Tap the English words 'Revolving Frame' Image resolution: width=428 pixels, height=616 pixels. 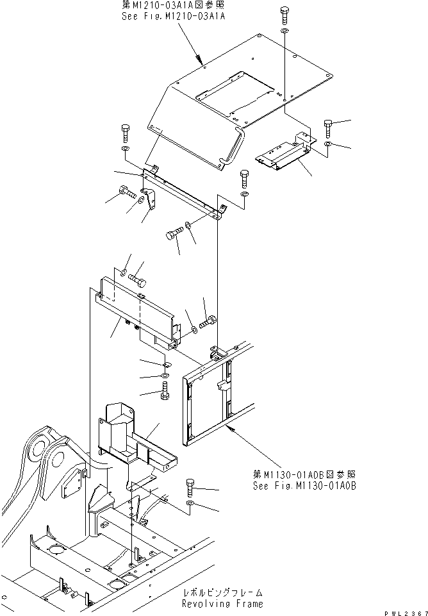[222, 604]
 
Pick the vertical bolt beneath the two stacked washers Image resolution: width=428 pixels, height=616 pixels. [163, 390]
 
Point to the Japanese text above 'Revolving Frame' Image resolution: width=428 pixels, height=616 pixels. [222, 594]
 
